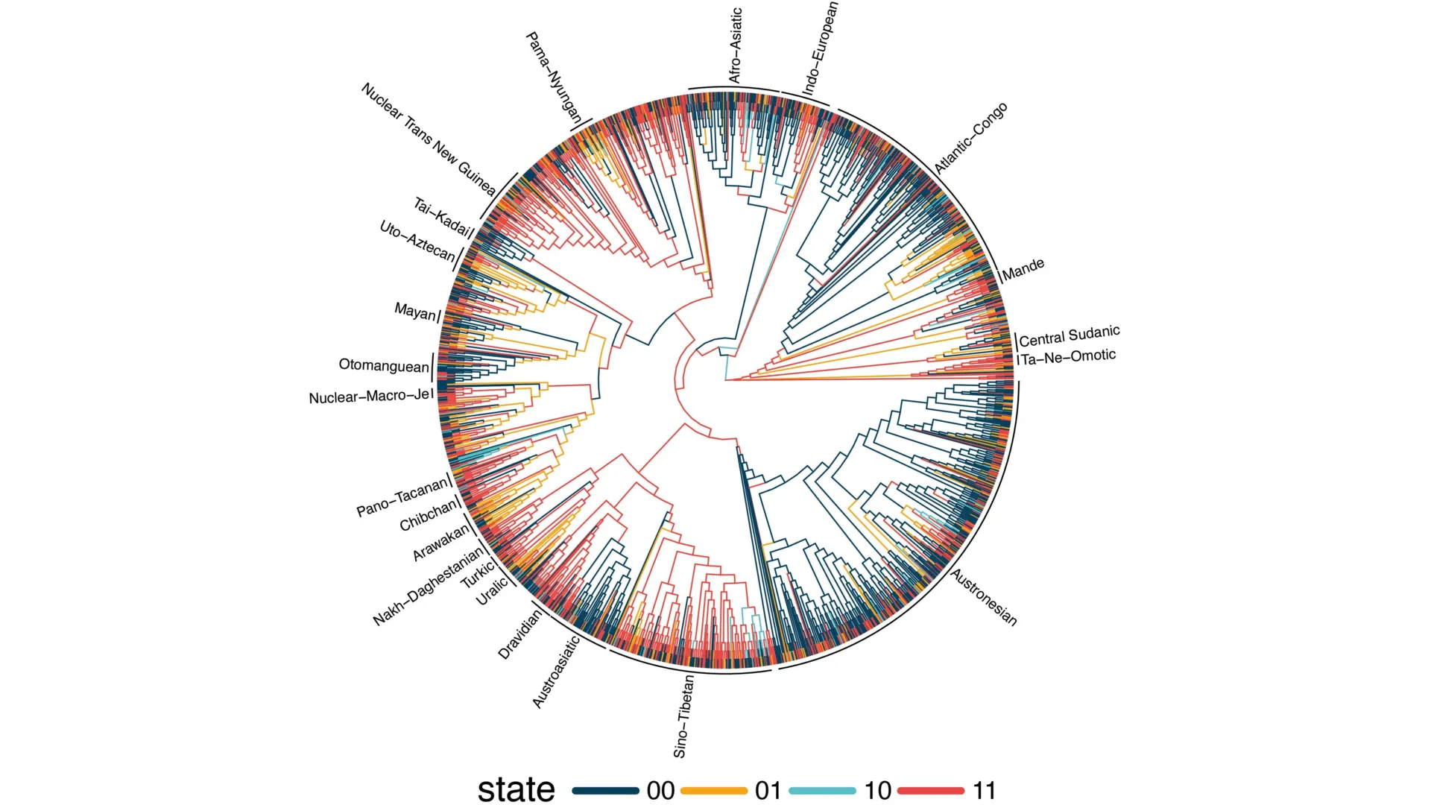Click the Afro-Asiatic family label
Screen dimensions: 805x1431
(735, 46)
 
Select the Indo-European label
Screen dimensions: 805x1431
(820, 49)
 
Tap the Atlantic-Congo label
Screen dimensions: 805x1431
(970, 139)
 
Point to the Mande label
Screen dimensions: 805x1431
(1023, 270)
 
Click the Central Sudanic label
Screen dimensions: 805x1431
(1069, 336)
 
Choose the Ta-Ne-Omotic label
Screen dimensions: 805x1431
(1069, 357)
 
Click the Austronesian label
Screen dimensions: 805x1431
(984, 597)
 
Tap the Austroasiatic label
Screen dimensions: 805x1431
(556, 672)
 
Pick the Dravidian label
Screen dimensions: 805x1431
(519, 634)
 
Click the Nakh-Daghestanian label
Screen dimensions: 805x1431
(428, 588)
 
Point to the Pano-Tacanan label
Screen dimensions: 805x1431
(402, 498)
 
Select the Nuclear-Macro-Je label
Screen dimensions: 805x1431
(370, 397)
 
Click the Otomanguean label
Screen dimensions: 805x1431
(384, 365)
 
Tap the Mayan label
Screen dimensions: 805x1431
(414, 312)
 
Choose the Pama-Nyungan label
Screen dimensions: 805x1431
(554, 78)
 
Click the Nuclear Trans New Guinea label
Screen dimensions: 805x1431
(429, 139)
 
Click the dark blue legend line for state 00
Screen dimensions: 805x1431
(605, 790)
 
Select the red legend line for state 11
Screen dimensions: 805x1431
(931, 790)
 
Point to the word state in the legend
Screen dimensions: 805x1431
(516, 789)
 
